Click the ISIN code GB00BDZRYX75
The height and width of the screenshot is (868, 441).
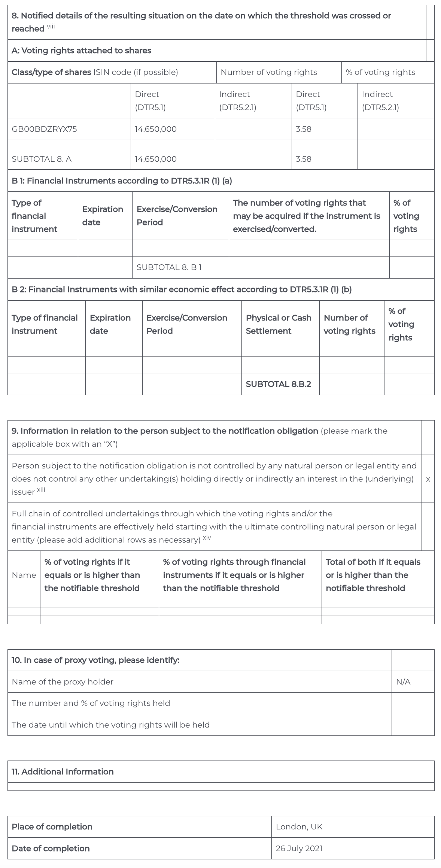point(44,129)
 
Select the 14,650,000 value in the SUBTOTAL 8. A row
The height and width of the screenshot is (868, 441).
point(156,159)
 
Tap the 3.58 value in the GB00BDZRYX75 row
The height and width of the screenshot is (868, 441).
point(303,129)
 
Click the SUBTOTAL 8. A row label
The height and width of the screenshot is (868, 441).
point(42,159)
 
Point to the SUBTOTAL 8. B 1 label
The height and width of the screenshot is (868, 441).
point(169,267)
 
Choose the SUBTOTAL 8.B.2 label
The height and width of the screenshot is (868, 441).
point(278,384)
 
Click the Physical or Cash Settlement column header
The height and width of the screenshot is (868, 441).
point(279,324)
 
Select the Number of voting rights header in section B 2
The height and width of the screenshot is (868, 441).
point(349,324)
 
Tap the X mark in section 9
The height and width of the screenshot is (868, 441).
point(428,479)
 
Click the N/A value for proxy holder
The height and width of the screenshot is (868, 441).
point(403,682)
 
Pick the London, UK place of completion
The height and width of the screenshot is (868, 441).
point(299,827)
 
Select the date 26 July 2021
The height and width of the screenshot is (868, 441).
point(299,849)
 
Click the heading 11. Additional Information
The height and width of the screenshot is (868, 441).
point(63,772)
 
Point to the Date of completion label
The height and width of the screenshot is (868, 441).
point(51,849)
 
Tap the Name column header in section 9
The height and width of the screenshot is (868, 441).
point(24,575)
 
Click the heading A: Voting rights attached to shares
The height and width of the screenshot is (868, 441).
point(81,51)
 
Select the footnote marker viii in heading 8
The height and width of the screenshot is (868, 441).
point(51,27)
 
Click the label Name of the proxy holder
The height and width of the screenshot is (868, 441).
point(63,682)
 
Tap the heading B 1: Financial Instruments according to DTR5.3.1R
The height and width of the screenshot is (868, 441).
point(122,181)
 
